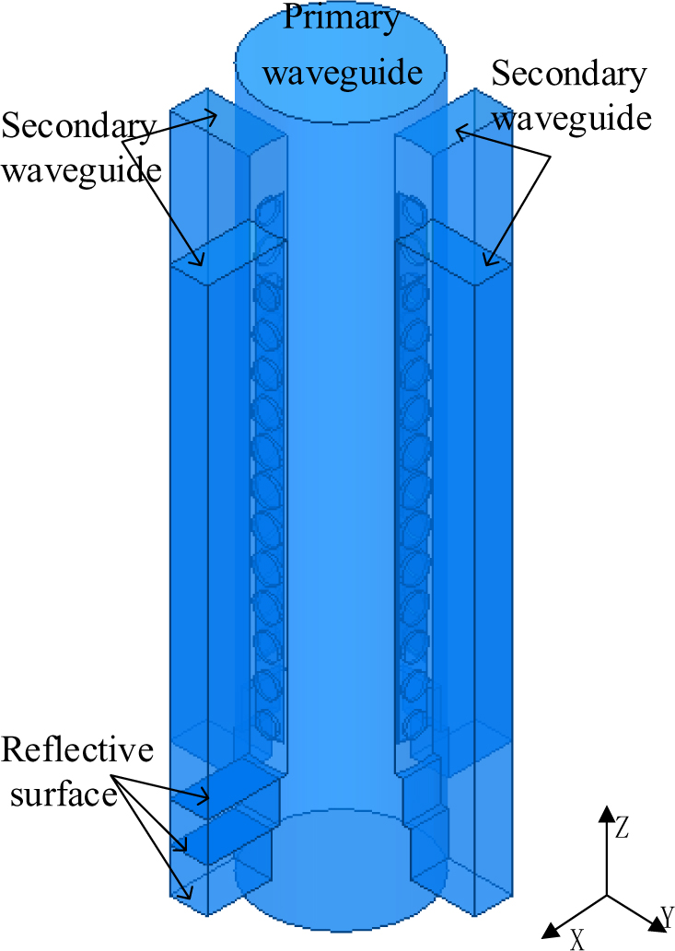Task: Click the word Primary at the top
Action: pyautogui.click(x=341, y=17)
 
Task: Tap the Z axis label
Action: pyautogui.click(x=623, y=829)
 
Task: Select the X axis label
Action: pyautogui.click(x=576, y=938)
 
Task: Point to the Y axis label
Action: pyautogui.click(x=667, y=917)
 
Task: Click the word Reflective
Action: pyautogui.click(x=77, y=750)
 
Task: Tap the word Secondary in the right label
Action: pyautogui.click(x=568, y=75)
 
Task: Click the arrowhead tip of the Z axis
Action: pyautogui.click(x=606, y=806)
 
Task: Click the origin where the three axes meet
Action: pyautogui.click(x=606, y=894)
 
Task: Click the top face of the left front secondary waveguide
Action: pyautogui.click(x=221, y=254)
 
